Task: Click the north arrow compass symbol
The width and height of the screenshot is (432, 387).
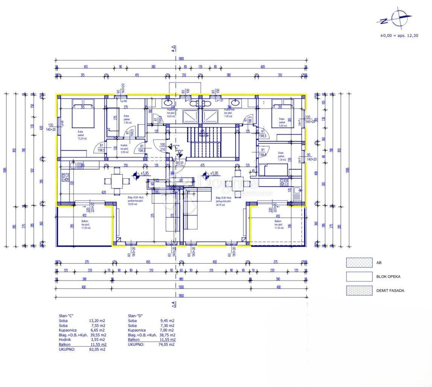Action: [399, 18]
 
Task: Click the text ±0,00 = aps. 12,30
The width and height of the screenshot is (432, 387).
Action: [399, 35]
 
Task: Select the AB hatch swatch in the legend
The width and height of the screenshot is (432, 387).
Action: [359, 263]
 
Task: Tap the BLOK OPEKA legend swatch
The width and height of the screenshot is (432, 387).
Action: [359, 276]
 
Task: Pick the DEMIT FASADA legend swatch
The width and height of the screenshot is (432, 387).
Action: [359, 290]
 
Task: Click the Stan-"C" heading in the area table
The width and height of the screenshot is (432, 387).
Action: [67, 316]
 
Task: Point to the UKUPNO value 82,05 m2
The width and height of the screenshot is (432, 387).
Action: [97, 349]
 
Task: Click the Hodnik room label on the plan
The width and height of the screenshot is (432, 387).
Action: [124, 145]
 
